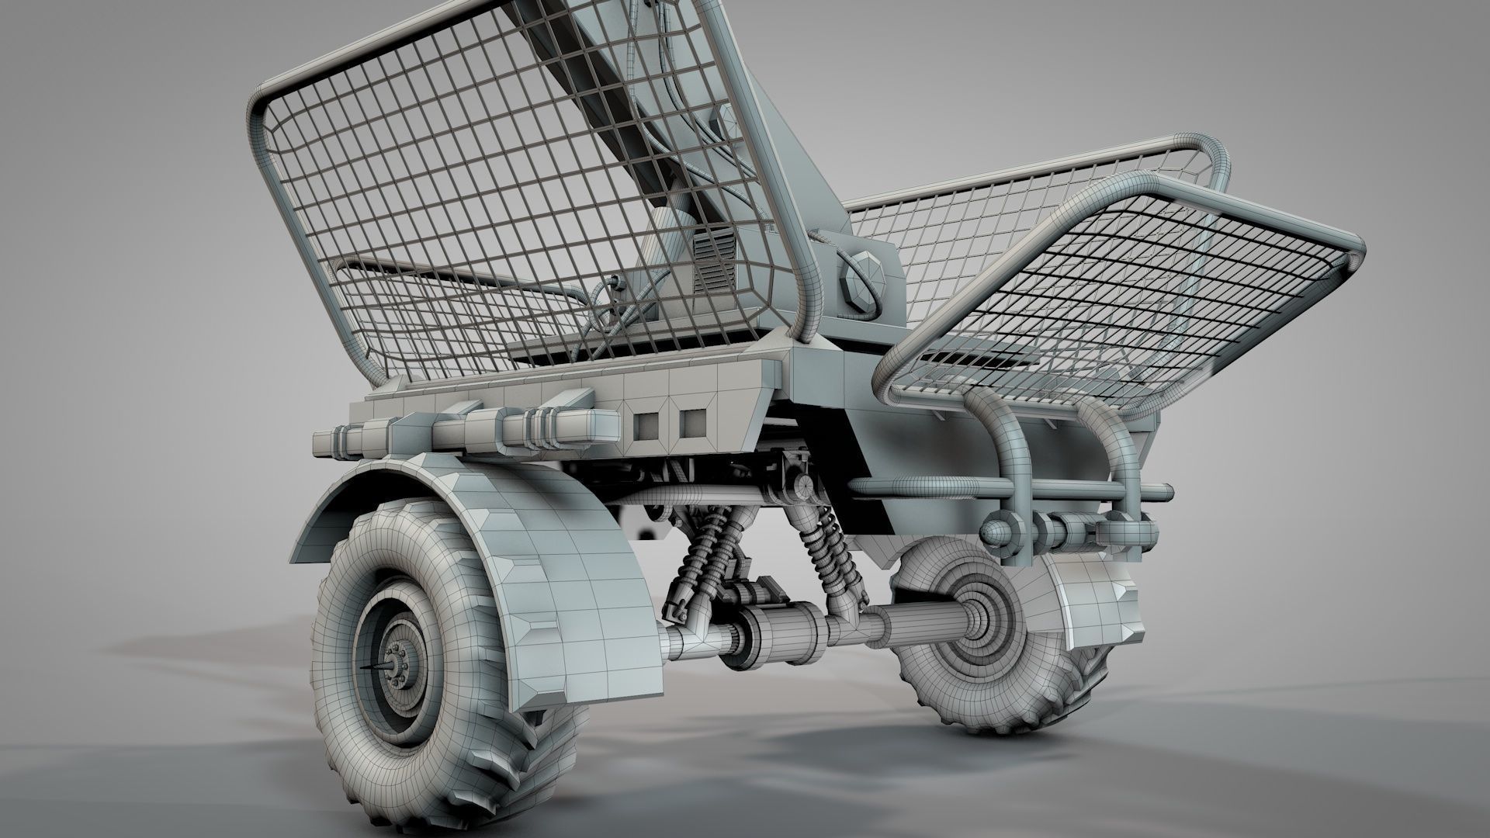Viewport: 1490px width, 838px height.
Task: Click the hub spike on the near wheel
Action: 378,667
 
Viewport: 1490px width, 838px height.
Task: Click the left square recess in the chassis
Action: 646,423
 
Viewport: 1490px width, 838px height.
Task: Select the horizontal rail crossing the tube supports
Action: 1009,489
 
